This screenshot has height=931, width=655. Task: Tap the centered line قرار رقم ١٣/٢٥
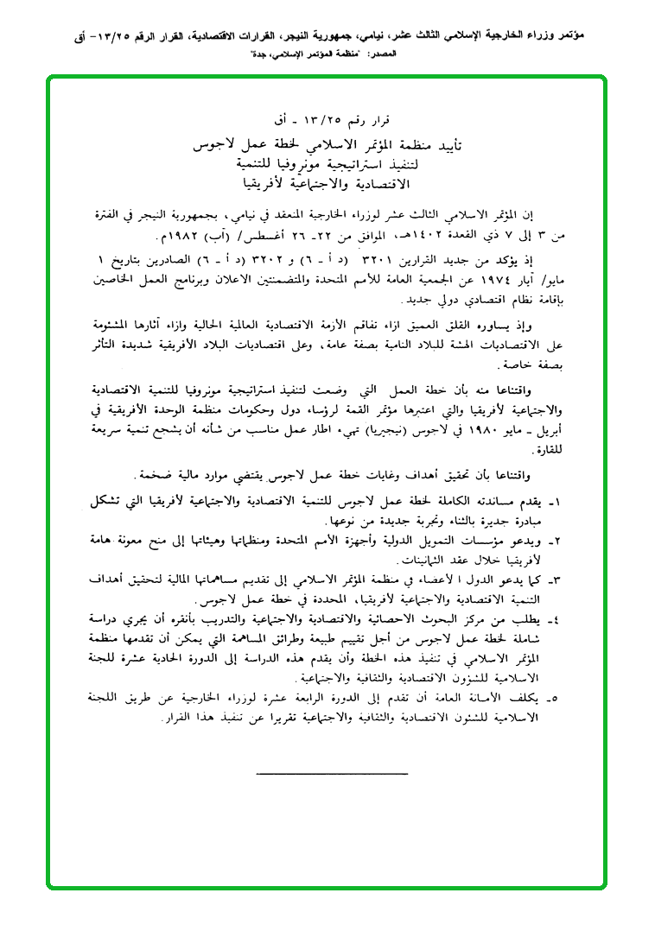(x=329, y=118)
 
